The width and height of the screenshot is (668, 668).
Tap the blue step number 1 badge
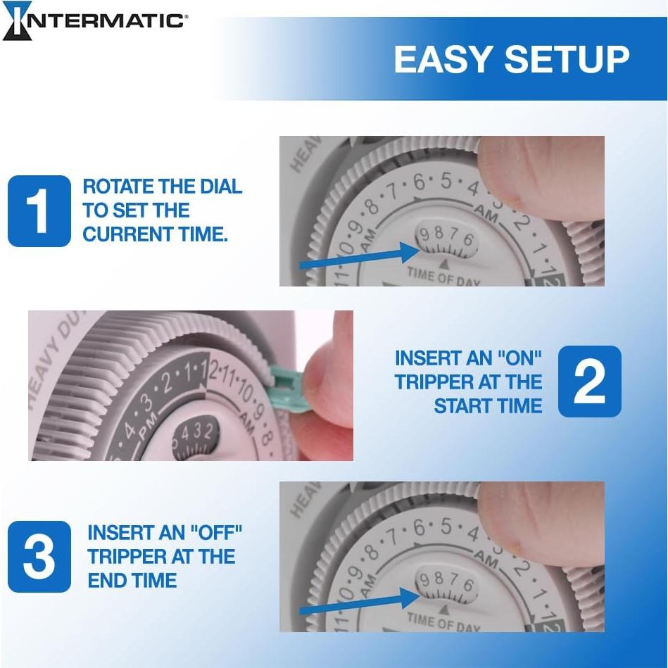click(x=39, y=211)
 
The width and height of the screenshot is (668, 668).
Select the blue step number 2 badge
click(x=589, y=382)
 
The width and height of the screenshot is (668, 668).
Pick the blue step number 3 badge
click(x=39, y=557)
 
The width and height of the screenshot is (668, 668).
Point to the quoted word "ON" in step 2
click(x=518, y=358)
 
